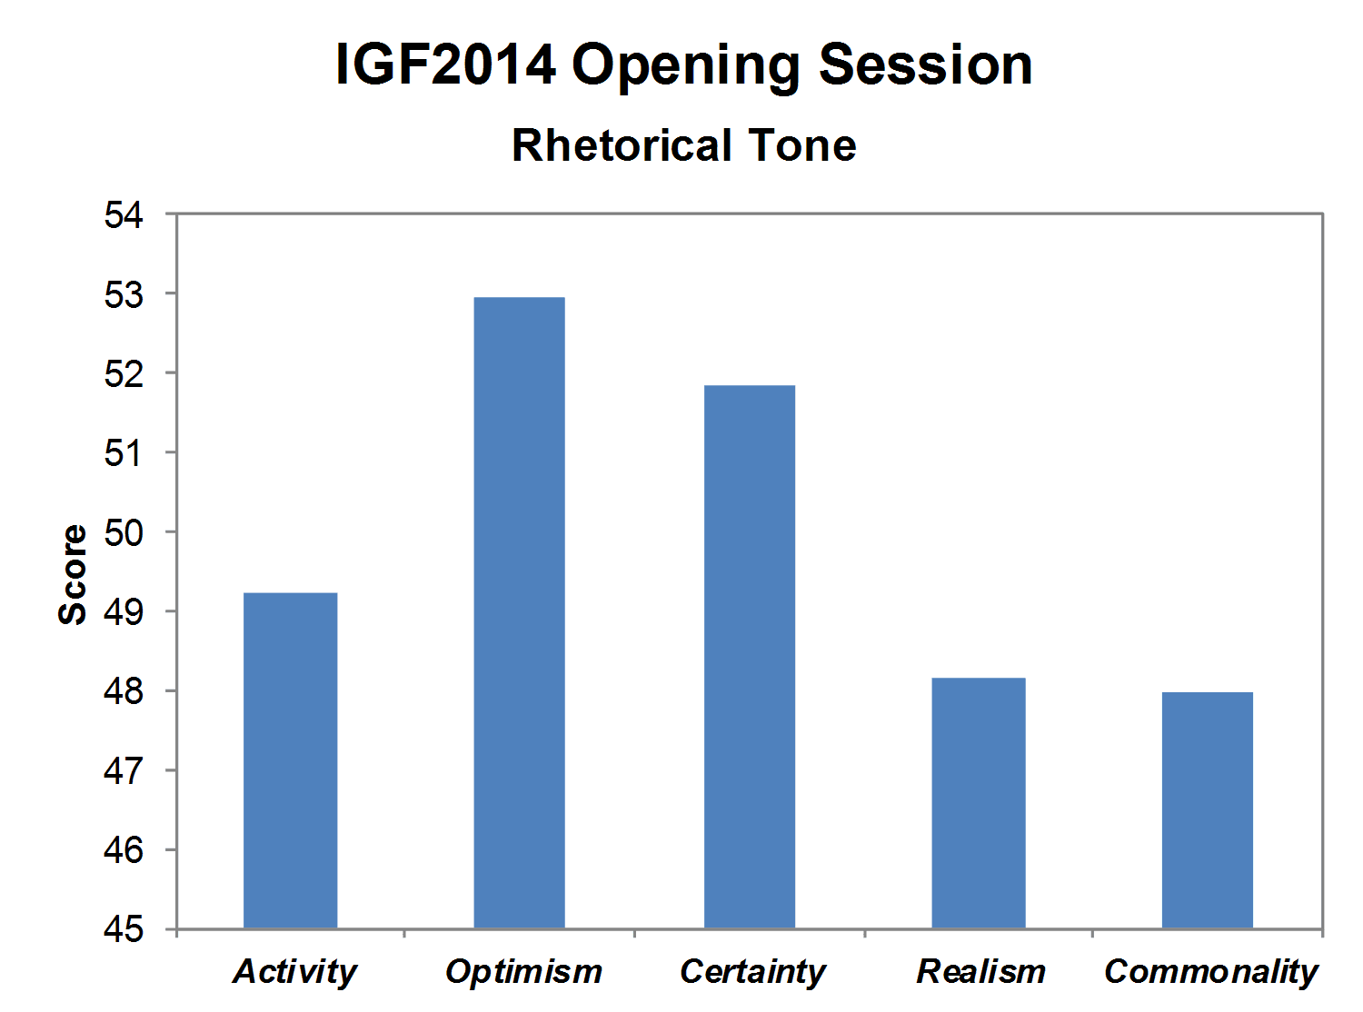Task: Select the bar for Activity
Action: [290, 760]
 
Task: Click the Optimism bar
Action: [519, 612]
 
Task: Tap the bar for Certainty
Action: [749, 657]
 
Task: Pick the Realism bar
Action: [979, 803]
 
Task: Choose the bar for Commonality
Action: [1207, 810]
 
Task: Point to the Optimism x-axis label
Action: [523, 972]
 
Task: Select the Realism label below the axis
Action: [980, 972]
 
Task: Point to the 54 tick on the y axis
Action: [124, 215]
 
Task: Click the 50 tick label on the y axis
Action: [124, 532]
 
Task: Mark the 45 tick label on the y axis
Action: [124, 929]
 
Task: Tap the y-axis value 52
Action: [124, 374]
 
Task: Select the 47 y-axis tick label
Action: [124, 771]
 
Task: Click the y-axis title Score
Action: [73, 574]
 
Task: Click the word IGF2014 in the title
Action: [446, 64]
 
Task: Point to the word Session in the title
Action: [926, 64]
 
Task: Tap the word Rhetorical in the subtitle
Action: [622, 145]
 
